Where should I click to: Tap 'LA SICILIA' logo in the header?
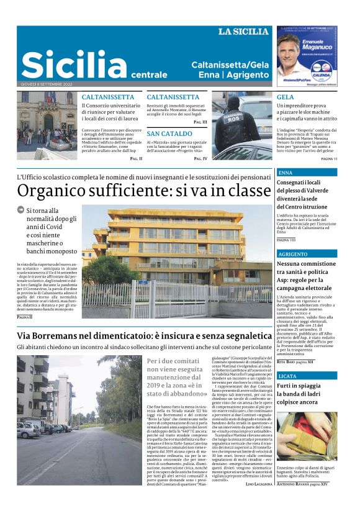pos(243,31)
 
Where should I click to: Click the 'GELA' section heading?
pos(286,97)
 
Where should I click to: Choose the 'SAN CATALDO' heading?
pos(169,133)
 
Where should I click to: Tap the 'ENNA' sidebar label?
pos(286,172)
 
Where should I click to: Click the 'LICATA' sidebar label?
pos(288,376)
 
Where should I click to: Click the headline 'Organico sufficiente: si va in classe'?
pos(140,190)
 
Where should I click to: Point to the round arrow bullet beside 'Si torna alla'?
pos(21,210)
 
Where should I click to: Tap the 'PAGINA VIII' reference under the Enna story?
pos(286,239)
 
